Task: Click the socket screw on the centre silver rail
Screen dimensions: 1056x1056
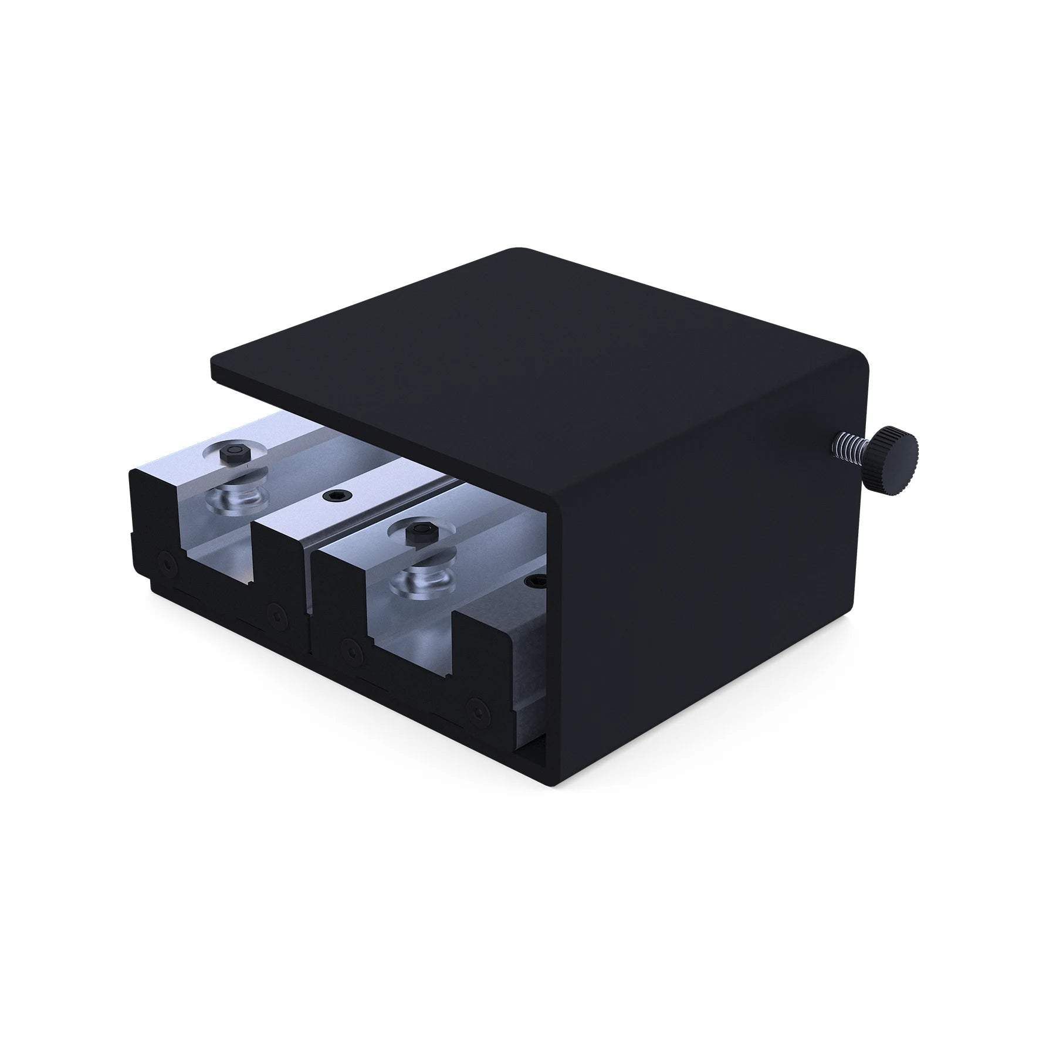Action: pyautogui.click(x=334, y=495)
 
